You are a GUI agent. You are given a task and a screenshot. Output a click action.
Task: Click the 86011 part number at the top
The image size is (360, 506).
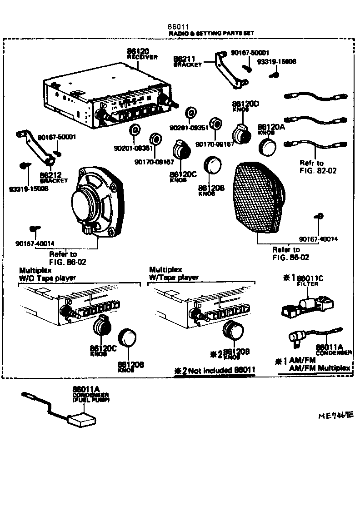tap(179, 27)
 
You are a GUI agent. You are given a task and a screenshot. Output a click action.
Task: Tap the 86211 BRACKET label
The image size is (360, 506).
tap(188, 61)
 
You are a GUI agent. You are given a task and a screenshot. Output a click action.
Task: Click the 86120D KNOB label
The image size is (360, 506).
tap(245, 106)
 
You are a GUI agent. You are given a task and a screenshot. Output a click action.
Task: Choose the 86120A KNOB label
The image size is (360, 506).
tap(271, 129)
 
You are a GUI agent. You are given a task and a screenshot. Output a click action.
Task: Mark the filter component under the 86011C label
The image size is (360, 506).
tap(307, 305)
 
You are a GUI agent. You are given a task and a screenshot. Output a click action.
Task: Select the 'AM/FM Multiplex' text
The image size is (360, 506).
tap(320, 367)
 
